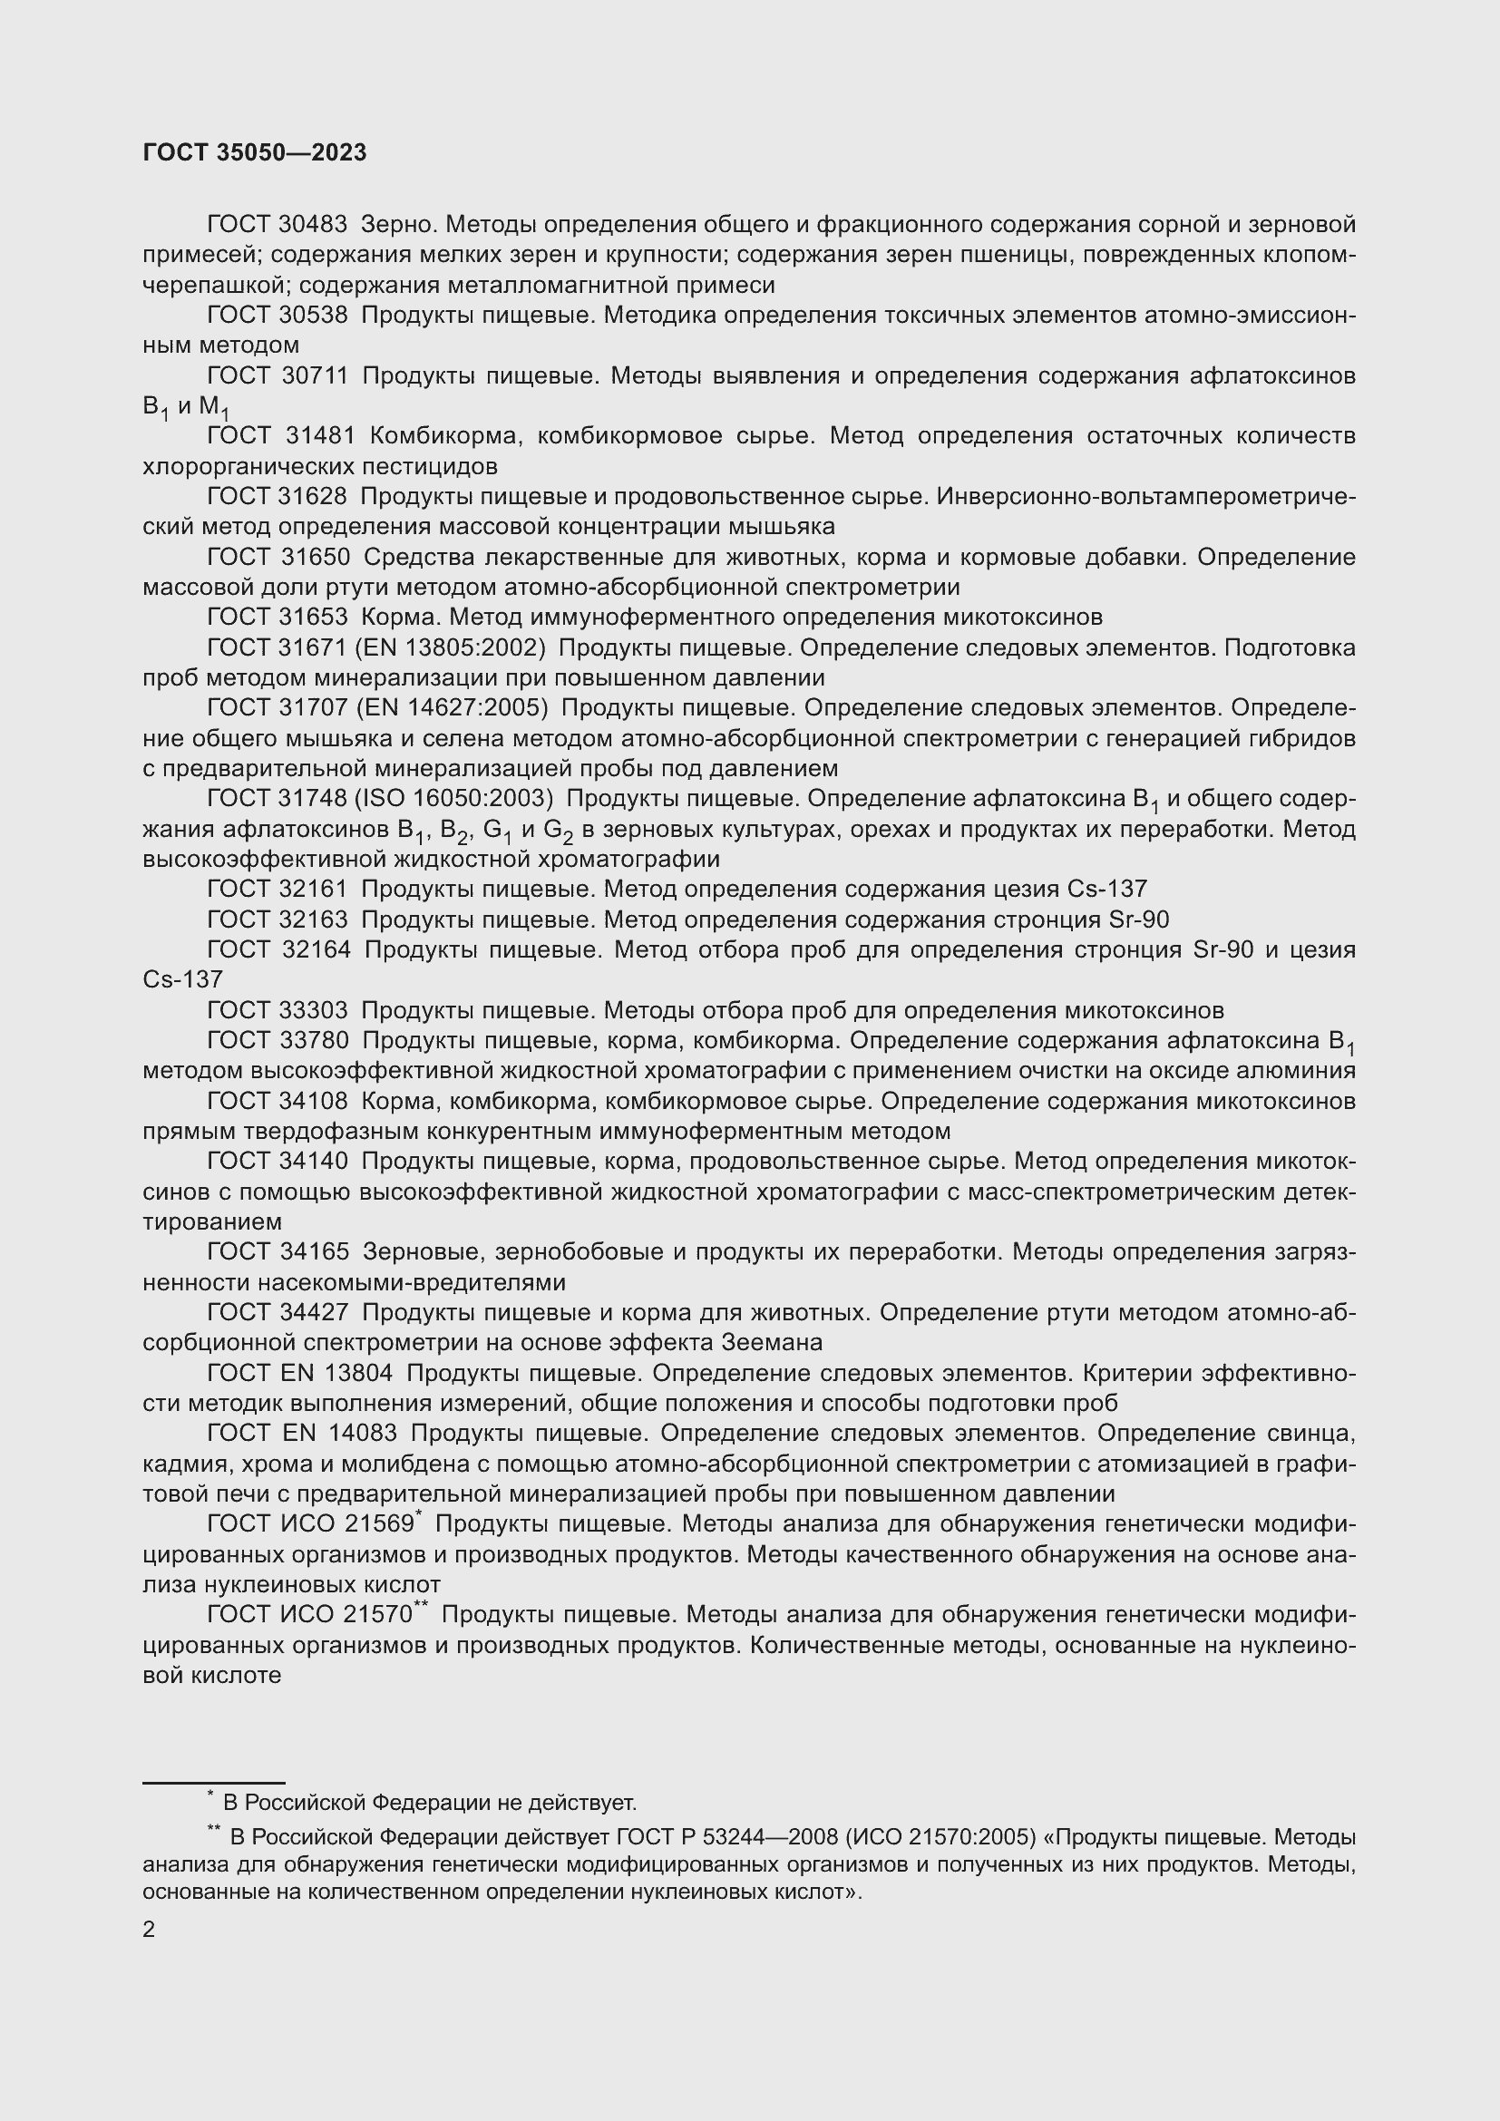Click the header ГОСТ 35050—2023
(255, 153)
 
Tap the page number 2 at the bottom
(150, 1930)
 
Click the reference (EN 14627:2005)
(451, 708)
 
